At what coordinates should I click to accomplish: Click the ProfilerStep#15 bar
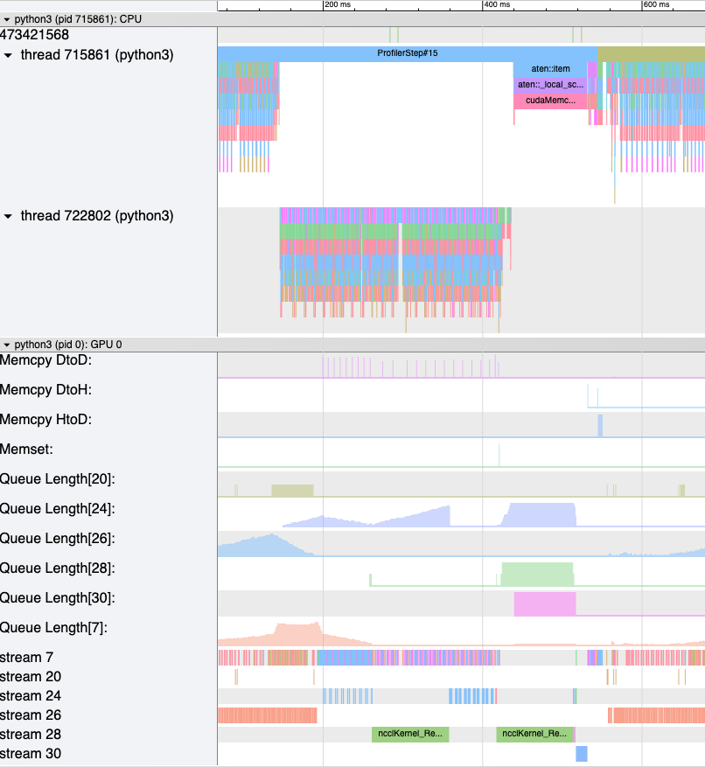pos(407,53)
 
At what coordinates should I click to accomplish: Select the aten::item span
pos(549,69)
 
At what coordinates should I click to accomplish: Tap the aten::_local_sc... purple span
pos(549,85)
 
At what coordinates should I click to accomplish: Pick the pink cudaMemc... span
pos(550,101)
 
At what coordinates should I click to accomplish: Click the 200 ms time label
pos(338,5)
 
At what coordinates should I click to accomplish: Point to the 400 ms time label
pos(497,5)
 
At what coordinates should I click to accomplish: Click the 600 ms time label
pos(656,5)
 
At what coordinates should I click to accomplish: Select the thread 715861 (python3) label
pos(96,55)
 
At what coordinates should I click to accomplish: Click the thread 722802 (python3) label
pos(96,216)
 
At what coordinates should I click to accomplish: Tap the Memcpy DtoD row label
pos(46,360)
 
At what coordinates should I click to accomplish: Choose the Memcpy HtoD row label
pos(46,420)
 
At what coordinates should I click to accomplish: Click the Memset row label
pos(27,450)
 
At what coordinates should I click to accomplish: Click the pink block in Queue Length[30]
pos(545,603)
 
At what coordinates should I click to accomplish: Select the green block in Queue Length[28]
pos(537,575)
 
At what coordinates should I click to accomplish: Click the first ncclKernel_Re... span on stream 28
pos(410,734)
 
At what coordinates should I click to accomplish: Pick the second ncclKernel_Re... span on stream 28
pos(534,734)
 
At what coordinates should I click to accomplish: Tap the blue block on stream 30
pos(582,753)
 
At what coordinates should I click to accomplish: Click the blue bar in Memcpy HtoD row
pos(600,425)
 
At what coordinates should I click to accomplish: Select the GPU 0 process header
pos(67,345)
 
